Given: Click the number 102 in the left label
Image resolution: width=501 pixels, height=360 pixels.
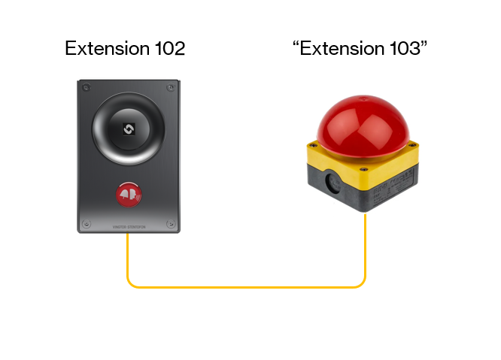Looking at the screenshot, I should coord(165,50).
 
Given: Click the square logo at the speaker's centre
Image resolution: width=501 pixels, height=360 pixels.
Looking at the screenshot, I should coord(128,129).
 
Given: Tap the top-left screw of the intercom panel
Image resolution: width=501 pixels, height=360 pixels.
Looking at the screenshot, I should coord(87,89).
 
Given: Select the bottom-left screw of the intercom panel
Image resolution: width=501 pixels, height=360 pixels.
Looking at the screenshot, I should coord(87,223).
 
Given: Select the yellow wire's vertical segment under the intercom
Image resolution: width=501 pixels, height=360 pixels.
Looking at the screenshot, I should coord(127,256).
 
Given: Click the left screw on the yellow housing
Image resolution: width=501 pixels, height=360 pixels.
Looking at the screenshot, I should coord(311,147).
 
